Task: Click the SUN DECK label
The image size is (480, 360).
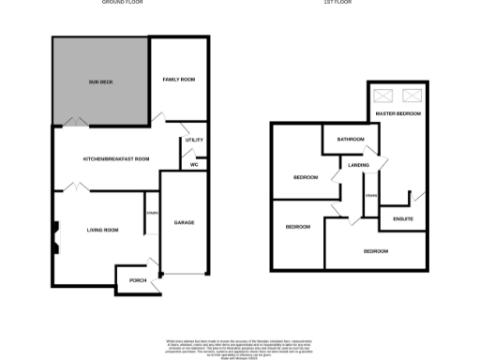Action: [x=100, y=82]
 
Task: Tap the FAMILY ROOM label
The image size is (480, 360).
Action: [x=178, y=80]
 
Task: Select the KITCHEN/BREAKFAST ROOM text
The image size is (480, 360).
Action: [x=116, y=159]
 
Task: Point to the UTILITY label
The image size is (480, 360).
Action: [x=194, y=141]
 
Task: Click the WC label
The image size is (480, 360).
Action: [x=195, y=165]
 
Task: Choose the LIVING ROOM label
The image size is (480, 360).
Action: [x=102, y=230]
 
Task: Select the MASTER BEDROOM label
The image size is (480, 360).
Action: [x=397, y=113]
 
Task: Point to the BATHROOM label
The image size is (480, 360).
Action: [x=351, y=139]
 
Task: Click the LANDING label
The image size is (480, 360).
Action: [x=358, y=165]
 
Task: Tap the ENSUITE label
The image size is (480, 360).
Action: [x=403, y=219]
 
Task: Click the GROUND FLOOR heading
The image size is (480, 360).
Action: [x=127, y=3]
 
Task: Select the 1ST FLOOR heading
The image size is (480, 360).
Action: [x=347, y=3]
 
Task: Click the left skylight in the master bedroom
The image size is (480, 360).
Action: [x=384, y=96]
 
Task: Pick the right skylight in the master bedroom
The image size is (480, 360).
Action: [x=411, y=96]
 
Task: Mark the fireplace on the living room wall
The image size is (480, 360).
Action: [x=57, y=235]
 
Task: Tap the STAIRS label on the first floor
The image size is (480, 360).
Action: [x=371, y=195]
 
